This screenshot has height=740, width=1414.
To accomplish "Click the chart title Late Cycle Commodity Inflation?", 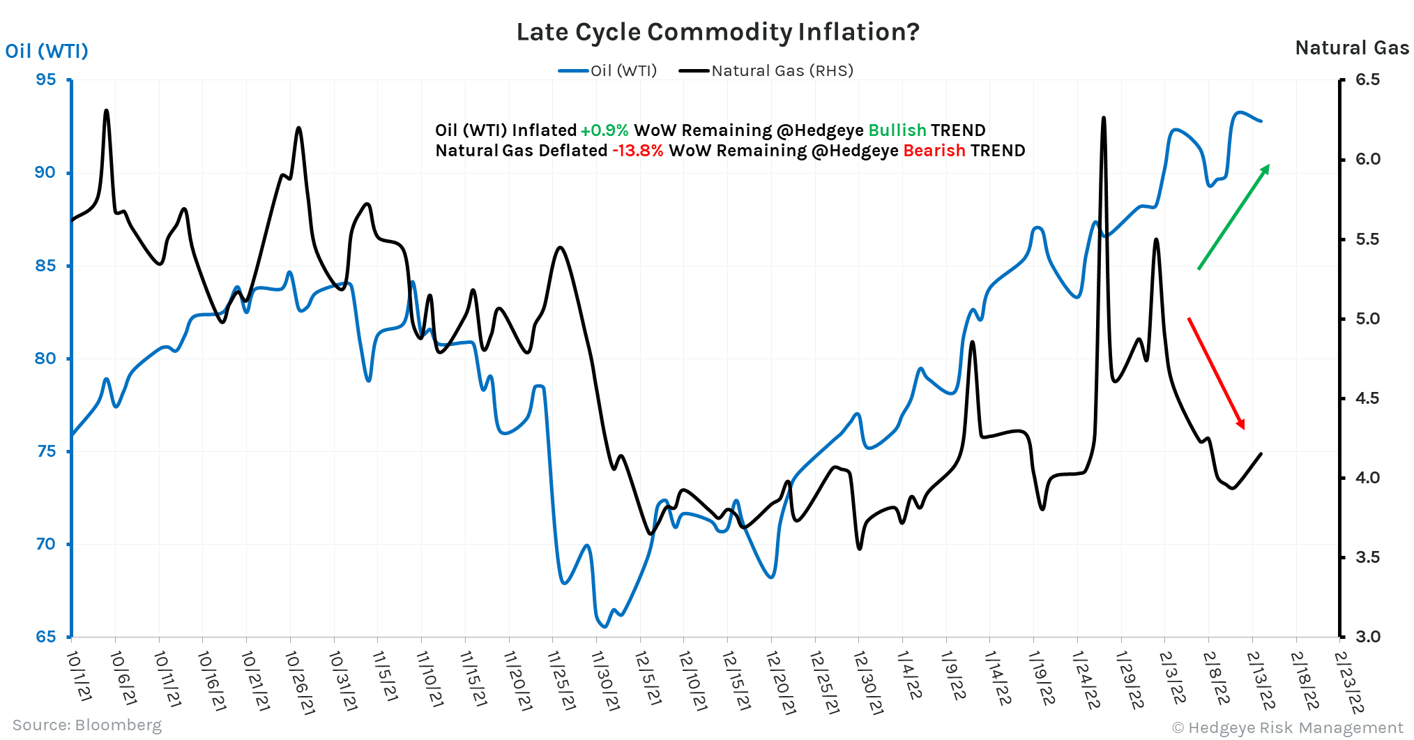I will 717,32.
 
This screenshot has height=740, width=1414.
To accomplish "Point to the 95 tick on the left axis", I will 45,80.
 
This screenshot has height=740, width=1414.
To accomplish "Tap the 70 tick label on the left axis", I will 45,544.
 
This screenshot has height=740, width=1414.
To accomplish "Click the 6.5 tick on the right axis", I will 1367,80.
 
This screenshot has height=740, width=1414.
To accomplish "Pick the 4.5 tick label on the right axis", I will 1367,398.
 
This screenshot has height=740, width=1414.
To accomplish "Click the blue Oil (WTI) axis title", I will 47,51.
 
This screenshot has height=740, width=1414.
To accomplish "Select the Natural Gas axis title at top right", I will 1351,47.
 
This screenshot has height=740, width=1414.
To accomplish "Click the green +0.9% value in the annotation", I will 604,130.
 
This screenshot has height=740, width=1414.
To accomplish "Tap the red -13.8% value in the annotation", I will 638,151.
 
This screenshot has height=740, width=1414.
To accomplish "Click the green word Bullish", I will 897,130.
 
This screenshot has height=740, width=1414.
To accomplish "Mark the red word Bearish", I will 934,151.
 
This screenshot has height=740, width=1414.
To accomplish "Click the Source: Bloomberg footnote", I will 86,725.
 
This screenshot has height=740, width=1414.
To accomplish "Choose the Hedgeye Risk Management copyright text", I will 1287,727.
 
